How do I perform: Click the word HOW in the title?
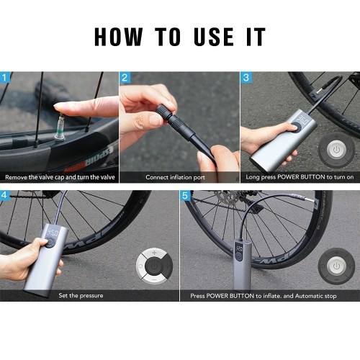point(119,37)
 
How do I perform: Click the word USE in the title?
point(214,37)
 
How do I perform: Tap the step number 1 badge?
point(5,77)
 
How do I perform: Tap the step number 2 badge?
point(125,77)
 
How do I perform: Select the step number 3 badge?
point(246,77)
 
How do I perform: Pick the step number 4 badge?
point(4,195)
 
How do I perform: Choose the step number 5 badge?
point(185,195)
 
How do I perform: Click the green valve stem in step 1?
point(60,128)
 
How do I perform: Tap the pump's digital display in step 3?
point(303,119)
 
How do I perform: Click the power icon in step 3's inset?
point(336,150)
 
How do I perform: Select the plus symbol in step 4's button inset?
point(154,253)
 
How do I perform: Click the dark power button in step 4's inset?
point(155,266)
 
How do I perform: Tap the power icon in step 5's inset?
point(336,266)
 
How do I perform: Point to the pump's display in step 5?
point(238,248)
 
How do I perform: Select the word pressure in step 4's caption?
point(91,295)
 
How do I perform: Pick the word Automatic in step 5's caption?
point(308,296)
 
